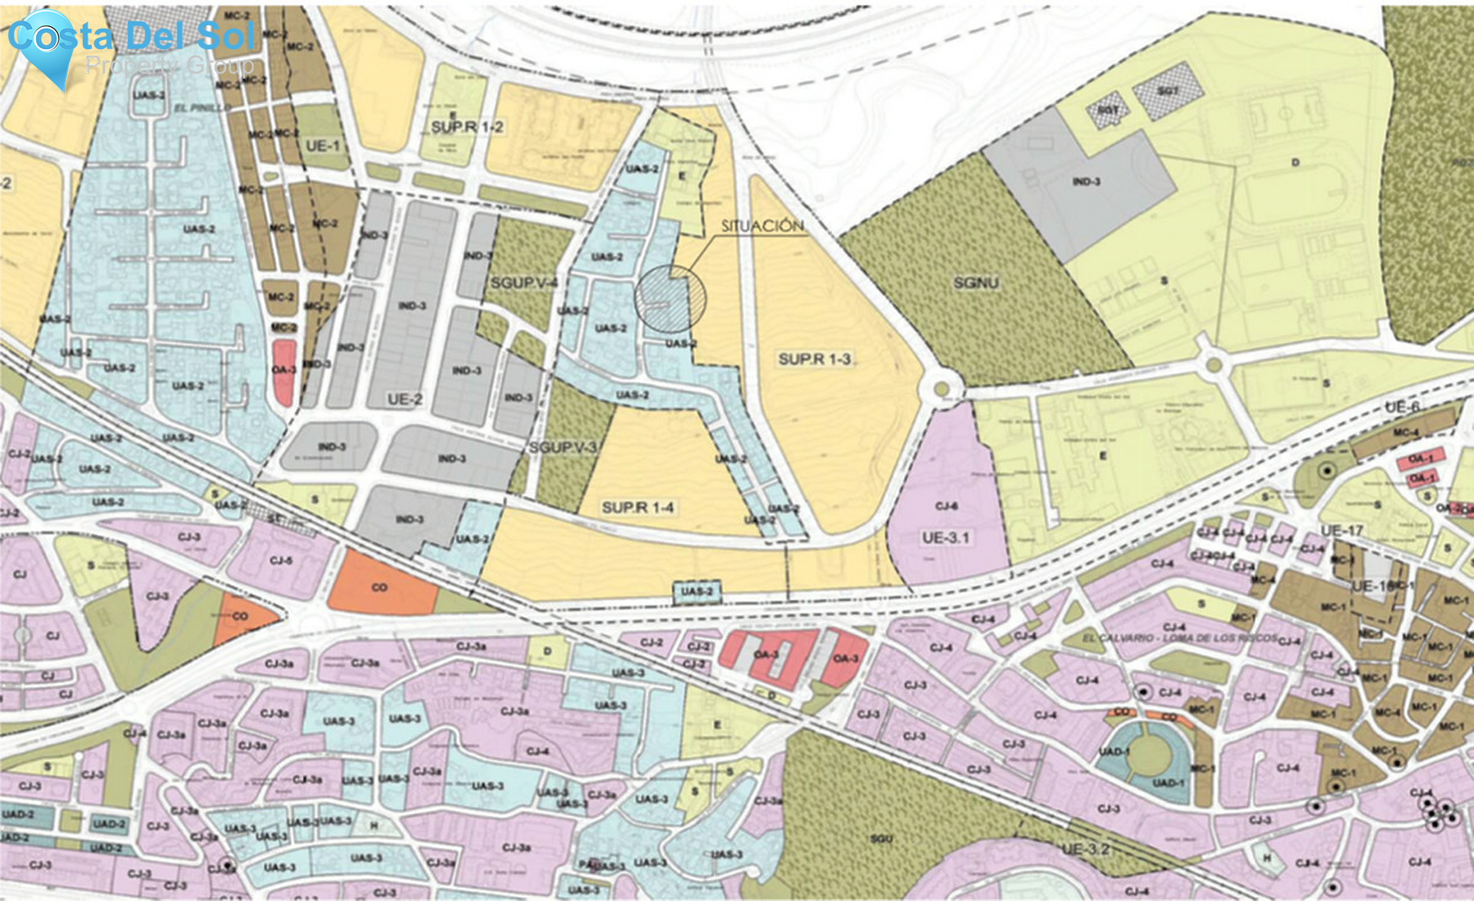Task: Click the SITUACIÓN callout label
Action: [x=762, y=226]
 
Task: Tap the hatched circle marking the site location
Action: [x=670, y=298]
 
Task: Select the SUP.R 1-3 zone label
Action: [x=815, y=359]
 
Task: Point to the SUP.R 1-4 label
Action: [x=637, y=507]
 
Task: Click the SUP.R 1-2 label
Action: [x=467, y=127]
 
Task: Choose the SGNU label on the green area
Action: [x=975, y=283]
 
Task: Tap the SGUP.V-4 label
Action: [x=524, y=283]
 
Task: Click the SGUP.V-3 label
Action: [x=563, y=447]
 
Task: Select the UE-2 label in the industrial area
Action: [x=405, y=399]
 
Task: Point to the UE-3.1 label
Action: [x=945, y=537]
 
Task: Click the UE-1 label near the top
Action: [x=322, y=146]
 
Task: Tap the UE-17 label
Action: [x=1341, y=531]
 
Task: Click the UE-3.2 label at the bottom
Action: [x=1085, y=849]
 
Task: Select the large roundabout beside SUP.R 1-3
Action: [x=940, y=387]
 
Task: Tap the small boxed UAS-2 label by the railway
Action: [x=697, y=591]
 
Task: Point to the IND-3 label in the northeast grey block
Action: [x=1086, y=181]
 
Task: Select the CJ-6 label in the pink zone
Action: [x=946, y=506]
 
